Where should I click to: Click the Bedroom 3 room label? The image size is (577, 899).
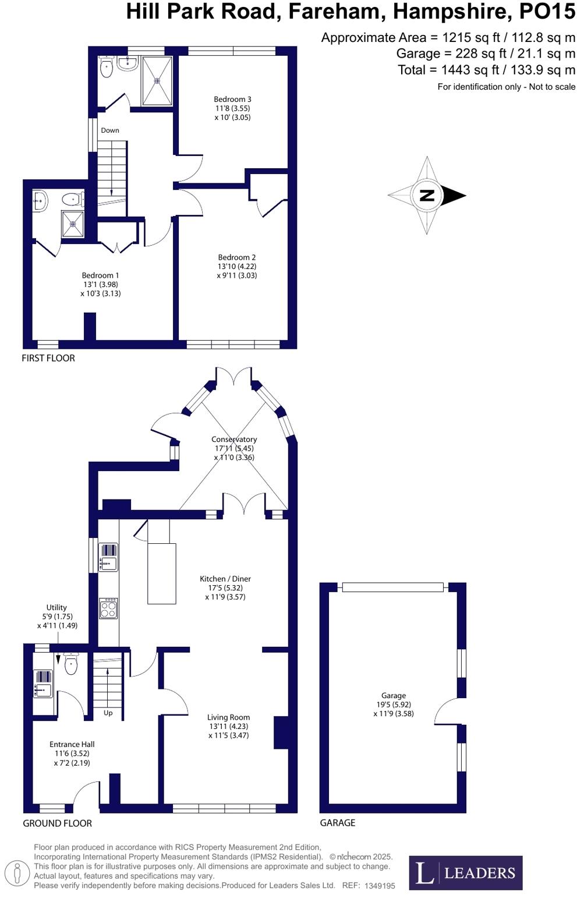232,100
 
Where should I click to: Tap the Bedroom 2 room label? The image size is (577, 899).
236,257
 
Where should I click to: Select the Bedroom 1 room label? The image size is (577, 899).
100,275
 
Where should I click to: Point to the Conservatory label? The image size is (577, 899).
234,440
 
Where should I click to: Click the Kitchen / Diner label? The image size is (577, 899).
225,579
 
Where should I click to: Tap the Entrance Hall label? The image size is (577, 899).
72,744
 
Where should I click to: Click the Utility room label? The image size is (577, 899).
56,607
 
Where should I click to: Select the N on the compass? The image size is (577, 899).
427,195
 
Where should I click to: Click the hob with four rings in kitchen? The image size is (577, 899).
108,609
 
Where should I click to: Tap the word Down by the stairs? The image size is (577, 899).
110,130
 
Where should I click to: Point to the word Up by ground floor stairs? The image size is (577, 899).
108,713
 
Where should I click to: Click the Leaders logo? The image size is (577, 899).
465,872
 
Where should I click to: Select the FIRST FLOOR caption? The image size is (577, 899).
48,358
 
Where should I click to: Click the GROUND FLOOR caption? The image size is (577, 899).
57,823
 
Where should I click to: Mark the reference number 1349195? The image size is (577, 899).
380,886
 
